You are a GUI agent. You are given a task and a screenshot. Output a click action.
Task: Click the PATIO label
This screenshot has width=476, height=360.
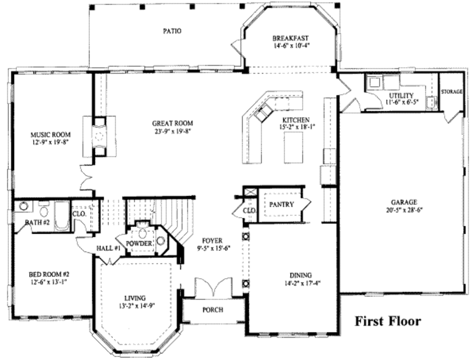coord(172,31)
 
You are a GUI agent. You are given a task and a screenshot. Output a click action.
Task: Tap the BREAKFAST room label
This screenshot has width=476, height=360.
coord(291,38)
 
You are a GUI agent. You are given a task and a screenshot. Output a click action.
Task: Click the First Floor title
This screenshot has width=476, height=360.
coord(388,321)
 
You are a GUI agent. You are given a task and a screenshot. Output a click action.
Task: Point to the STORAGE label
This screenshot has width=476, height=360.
coord(451,92)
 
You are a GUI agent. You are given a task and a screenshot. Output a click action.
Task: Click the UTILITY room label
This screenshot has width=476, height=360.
coord(401,95)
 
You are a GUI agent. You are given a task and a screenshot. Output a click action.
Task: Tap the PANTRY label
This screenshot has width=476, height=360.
coord(281,204)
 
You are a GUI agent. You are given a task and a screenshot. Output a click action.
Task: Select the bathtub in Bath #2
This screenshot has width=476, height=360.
coord(62,216)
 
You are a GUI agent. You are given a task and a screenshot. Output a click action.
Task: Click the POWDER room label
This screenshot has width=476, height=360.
coord(139,243)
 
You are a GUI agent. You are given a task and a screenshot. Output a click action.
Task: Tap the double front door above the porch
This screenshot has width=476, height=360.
coord(213,287)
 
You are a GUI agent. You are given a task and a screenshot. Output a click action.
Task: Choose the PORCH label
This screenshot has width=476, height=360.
coord(212,310)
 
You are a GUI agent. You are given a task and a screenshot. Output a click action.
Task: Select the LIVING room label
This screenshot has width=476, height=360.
coord(135,298)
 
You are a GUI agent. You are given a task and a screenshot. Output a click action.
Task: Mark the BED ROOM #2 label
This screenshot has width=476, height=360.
coord(47,274)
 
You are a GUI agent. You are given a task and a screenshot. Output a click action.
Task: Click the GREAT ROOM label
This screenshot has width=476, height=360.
coord(172,123)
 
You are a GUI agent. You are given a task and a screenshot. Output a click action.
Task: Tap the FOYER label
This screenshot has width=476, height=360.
coord(212,241)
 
